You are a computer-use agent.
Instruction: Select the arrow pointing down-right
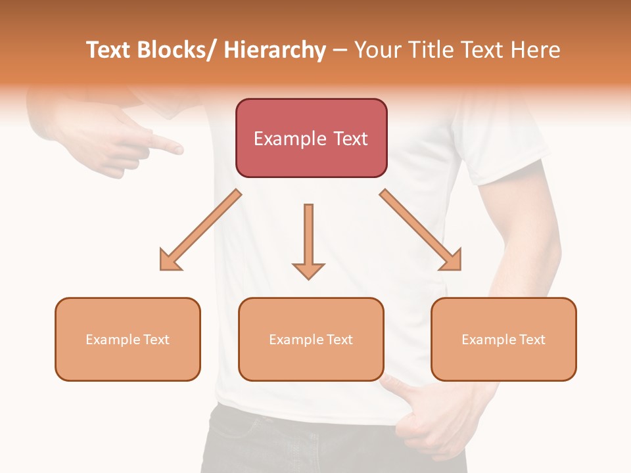point(421,231)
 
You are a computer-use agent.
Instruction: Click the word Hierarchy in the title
point(274,51)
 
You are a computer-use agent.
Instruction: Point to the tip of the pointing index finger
point(178,150)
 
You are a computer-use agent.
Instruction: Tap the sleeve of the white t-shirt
point(503,151)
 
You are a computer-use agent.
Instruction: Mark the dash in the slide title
point(340,51)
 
